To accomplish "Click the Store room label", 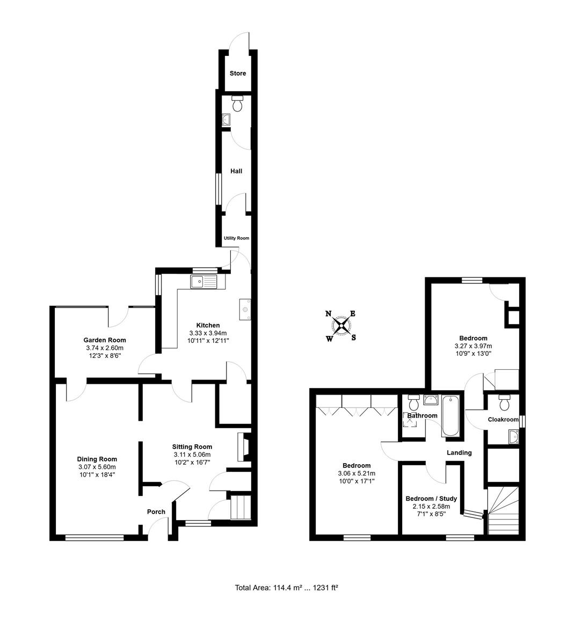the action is tap(237, 73).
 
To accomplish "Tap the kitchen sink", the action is tap(204, 281).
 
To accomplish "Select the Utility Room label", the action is tap(236, 238).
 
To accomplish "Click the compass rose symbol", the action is tap(341, 326).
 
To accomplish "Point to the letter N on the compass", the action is tap(329, 313).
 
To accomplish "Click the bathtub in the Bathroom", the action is tap(450, 415).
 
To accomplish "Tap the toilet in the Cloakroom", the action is tap(504, 402).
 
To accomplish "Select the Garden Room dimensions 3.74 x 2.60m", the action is tap(105, 348).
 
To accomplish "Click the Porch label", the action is tap(156, 512).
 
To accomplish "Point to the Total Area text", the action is tap(286, 588).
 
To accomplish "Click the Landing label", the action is tap(459, 452).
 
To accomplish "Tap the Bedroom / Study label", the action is tap(431, 499).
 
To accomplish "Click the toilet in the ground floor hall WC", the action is tap(237, 103).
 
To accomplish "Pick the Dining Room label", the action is tap(97, 459).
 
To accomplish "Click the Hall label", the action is tap(236, 171).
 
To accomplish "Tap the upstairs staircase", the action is tap(504, 510).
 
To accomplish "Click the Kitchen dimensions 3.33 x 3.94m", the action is tap(208, 333).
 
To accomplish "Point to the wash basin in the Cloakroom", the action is tap(513, 437).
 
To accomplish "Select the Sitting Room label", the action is tap(192, 447).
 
